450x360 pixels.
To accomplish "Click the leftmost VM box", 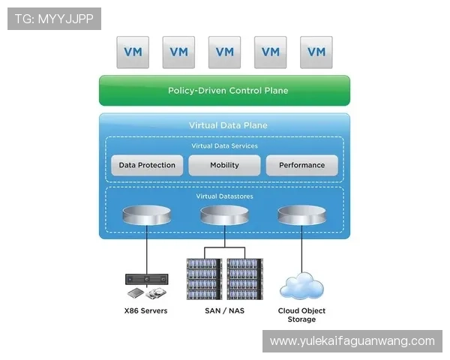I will pos(133,52).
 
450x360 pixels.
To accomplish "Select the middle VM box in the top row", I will pos(224,52).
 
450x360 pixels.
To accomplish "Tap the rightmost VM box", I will pos(316,52).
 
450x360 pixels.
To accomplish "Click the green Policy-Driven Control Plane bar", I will pos(224,91).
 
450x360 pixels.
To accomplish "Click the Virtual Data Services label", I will pos(224,145).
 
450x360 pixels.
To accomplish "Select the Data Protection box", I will pos(147,165).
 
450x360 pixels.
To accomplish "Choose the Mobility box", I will pos(224,165).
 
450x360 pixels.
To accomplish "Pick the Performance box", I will pos(301,165).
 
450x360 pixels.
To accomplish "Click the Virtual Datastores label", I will pos(224,196).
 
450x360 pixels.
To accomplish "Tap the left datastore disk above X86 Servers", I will pos(146,217).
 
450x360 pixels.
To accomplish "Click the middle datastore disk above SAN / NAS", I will pos(224,217).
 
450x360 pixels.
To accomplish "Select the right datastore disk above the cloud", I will pos(301,217).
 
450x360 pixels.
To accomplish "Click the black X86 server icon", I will pos(146,280).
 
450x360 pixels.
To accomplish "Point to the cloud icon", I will pos(301,286).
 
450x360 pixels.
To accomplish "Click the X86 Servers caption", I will pos(146,310).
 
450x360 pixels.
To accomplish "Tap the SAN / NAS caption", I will pos(224,310).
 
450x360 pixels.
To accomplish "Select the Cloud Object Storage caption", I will pos(301,315).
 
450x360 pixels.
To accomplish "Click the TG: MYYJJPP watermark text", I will pos(54,19).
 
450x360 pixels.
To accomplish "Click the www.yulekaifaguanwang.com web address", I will pos(352,341).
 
